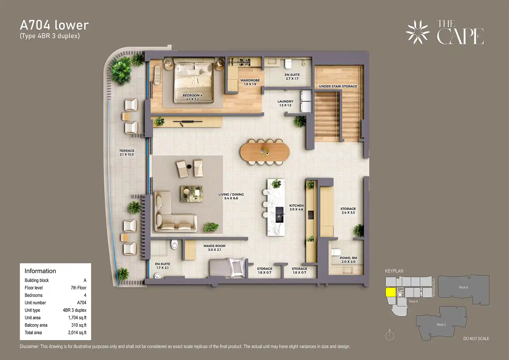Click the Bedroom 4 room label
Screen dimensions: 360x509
(192, 97)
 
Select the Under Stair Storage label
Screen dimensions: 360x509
(338, 86)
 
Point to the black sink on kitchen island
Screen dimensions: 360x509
(279, 215)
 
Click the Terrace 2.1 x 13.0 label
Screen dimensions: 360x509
(126, 152)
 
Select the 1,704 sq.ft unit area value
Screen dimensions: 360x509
(77, 318)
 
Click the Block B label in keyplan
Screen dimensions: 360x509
(463, 287)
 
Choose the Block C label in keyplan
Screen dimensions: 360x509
(441, 324)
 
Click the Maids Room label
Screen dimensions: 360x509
(214, 248)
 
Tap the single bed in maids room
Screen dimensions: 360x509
(227, 267)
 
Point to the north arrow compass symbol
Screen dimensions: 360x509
(389, 335)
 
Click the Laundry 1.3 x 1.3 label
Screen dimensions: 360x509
(285, 103)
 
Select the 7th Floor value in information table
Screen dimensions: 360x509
(78, 288)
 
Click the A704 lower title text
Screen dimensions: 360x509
(54, 25)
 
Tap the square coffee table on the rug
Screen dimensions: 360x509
(191, 194)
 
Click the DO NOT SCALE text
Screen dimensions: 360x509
(476, 339)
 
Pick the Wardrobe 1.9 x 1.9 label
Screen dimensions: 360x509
(250, 82)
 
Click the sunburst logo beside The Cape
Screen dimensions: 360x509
(417, 32)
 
